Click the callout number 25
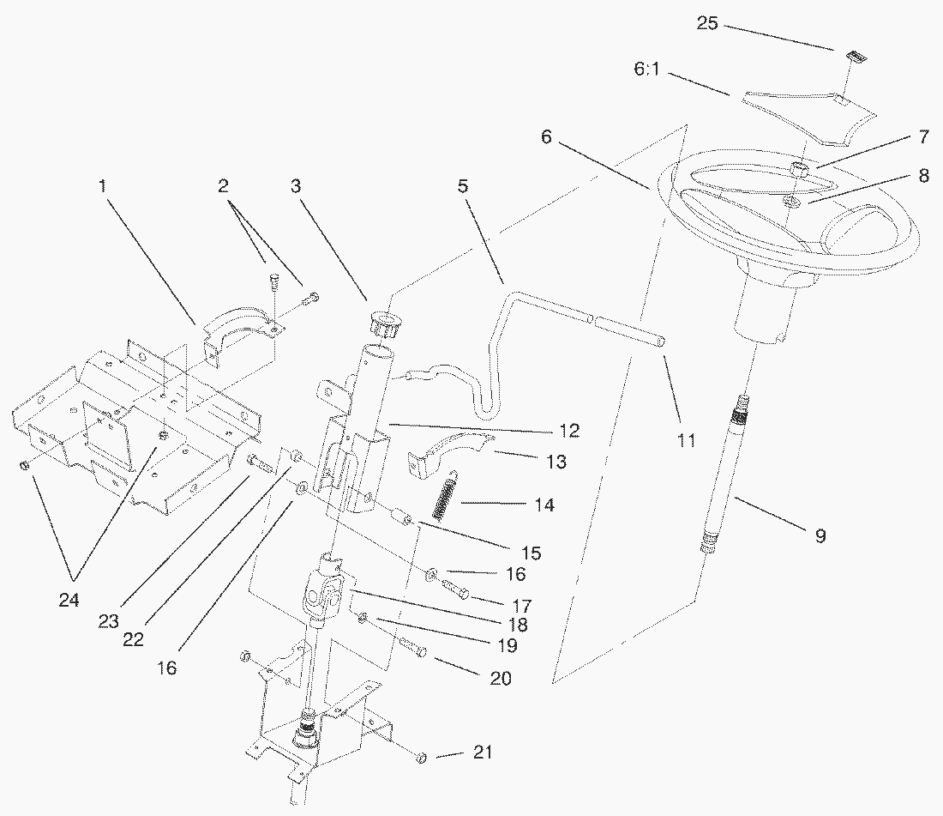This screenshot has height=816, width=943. coord(707,23)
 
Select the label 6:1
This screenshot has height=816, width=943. coord(647,70)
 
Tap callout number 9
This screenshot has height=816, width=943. coord(820,535)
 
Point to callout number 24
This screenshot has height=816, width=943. coord(69,600)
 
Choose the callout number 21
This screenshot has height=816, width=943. coord(483,753)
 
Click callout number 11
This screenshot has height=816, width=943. coord(686,440)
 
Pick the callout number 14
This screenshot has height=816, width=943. coord(544,505)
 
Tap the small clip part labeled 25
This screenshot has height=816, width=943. coord(856,57)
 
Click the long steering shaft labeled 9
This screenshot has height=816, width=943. coord(726,473)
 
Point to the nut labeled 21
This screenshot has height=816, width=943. coord(422,757)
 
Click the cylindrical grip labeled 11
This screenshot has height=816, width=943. coord(630,332)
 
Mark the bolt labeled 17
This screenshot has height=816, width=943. coord(456,589)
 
